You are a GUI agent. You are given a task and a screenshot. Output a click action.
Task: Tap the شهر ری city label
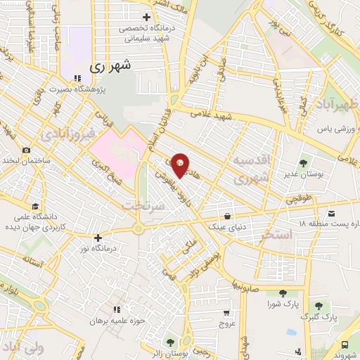(111, 67)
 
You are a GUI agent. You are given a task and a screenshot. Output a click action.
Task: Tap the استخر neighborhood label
(276, 235)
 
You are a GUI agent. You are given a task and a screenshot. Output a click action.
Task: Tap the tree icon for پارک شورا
(283, 293)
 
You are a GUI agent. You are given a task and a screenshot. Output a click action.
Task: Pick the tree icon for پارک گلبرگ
(319, 305)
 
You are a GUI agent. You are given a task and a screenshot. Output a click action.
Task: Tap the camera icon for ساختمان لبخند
(26, 150)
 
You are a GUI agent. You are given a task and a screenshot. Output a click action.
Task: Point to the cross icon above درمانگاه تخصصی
(146, 17)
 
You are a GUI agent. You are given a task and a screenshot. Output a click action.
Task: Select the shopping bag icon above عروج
(226, 314)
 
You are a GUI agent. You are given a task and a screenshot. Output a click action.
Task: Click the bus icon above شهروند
(345, 345)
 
